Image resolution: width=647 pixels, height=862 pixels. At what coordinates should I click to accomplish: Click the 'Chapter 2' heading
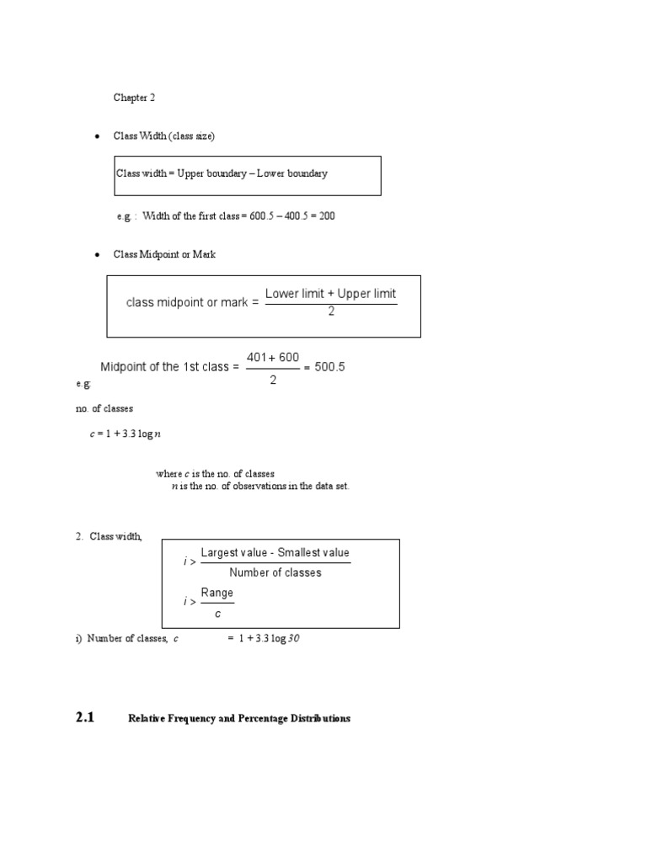(135, 98)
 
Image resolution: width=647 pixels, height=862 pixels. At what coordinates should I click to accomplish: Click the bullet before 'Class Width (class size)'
(98, 136)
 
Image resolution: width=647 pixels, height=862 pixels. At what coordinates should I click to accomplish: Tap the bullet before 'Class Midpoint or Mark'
(98, 254)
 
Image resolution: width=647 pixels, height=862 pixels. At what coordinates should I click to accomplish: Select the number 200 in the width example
(327, 216)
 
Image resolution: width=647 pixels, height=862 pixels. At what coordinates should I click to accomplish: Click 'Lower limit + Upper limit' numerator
(330, 294)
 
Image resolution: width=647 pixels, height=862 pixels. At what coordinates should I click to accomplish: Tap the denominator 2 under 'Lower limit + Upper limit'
(331, 311)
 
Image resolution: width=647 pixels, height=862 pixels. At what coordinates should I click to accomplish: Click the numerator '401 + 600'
(273, 358)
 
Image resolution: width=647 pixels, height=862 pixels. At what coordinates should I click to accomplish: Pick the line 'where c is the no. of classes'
(215, 474)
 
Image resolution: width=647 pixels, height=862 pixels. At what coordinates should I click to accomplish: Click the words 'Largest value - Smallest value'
(275, 553)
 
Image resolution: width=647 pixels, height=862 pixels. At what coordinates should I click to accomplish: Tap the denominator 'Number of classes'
(275, 573)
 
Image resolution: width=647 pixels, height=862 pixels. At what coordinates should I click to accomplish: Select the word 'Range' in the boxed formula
(217, 593)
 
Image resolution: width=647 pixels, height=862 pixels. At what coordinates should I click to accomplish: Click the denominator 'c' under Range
(217, 614)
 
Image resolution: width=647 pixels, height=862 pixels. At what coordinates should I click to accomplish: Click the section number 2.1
(85, 718)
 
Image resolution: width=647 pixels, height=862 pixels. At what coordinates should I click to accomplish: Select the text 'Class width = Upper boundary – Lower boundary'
(222, 173)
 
